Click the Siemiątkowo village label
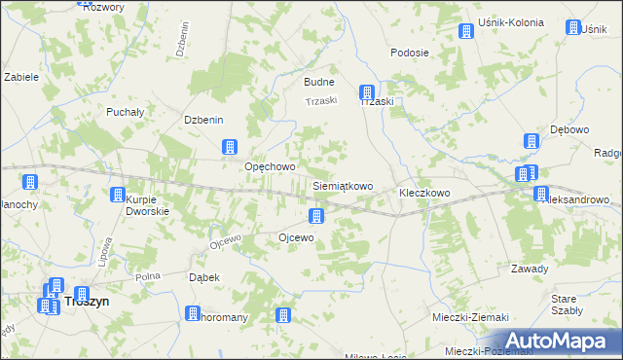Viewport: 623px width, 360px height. [x=342, y=185]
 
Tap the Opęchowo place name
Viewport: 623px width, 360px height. [x=269, y=166]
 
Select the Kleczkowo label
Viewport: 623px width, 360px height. [x=424, y=193]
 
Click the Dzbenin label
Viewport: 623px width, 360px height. [x=204, y=120]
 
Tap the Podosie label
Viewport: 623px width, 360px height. [x=410, y=53]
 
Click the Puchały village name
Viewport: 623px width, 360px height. [x=126, y=112]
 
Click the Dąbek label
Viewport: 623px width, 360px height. [x=202, y=277]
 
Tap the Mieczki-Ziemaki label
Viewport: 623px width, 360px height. [x=470, y=317]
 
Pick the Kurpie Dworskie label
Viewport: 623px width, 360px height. [x=148, y=204]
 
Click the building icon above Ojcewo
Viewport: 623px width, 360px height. [x=316, y=216]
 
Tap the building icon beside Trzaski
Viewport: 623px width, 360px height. [x=367, y=91]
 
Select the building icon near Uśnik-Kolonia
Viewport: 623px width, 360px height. [x=466, y=31]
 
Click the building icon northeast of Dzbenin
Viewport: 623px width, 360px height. [x=230, y=147]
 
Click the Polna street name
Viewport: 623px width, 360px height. [x=148, y=276]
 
